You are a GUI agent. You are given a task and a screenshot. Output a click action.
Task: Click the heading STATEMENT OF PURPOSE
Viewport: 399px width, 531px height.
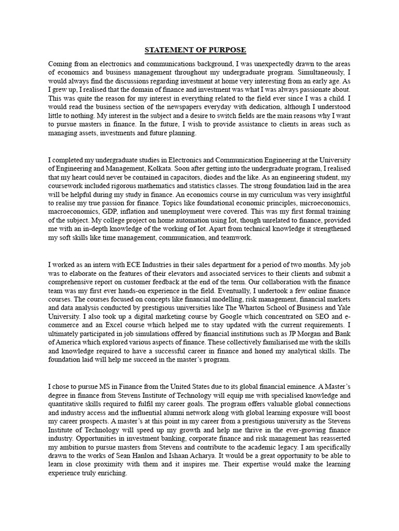tap(195, 50)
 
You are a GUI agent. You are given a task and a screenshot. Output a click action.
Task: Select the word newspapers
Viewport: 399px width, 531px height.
tap(162, 106)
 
